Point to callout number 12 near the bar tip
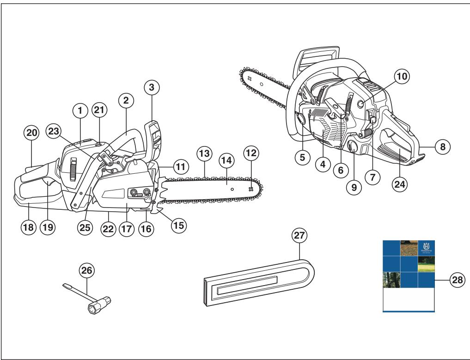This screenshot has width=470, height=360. coord(252,153)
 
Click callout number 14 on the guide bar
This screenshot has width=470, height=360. coord(226,161)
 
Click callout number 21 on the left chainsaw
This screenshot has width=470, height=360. coord(99,110)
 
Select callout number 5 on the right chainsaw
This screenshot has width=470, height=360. coord(302,157)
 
